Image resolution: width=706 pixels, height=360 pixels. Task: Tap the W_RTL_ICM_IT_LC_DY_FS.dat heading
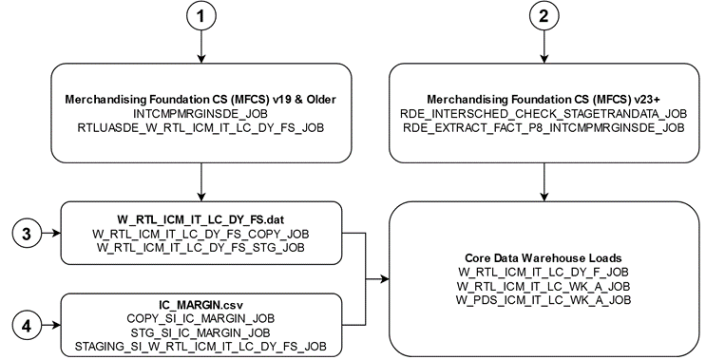click(201, 218)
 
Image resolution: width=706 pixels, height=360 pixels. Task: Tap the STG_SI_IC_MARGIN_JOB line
click(201, 334)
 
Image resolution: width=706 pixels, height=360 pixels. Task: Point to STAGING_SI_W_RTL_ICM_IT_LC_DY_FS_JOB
click(201, 348)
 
